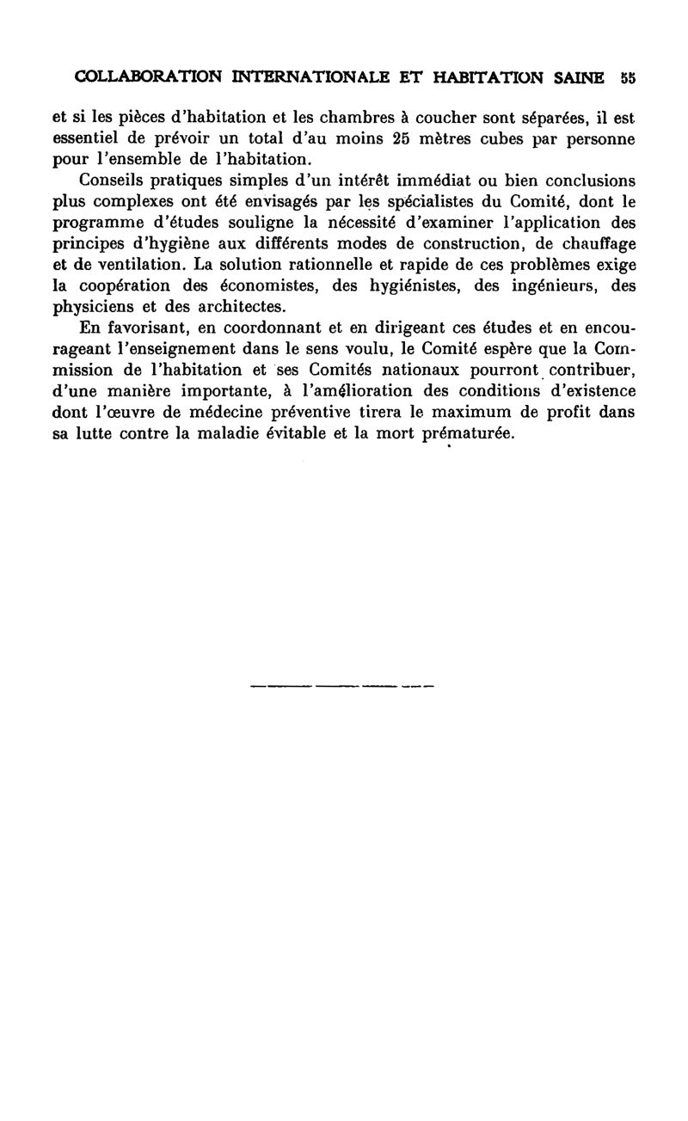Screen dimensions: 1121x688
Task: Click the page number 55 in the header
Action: (x=627, y=77)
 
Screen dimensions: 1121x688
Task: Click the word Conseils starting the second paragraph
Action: (x=114, y=181)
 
